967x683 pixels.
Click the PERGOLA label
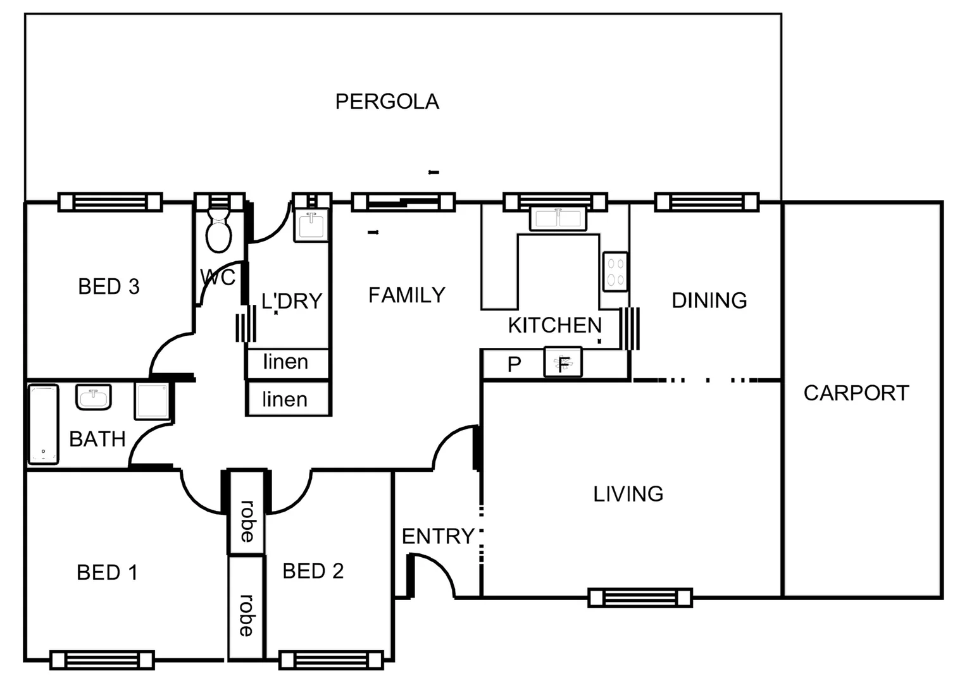[387, 102]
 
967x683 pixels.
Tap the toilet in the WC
[218, 232]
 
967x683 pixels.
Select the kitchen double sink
[558, 219]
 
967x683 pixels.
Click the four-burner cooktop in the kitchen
[615, 272]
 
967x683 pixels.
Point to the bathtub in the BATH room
[43, 424]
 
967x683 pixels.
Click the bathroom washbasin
[94, 398]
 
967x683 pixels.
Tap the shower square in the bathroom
[153, 400]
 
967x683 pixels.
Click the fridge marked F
[563, 363]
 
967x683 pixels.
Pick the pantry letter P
[514, 364]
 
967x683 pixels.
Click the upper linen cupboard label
[286, 362]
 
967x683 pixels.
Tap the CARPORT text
[856, 393]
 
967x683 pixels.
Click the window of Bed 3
[110, 202]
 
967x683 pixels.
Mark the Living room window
[640, 598]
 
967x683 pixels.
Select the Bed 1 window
[102, 660]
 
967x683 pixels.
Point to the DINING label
[709, 300]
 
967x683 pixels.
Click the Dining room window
[706, 202]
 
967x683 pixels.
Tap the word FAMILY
[406, 295]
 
